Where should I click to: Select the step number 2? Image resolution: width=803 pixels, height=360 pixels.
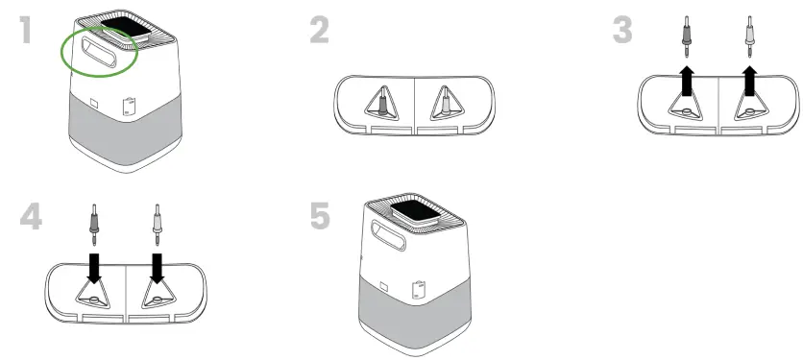(320, 31)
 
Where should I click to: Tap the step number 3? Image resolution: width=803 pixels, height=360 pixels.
(623, 31)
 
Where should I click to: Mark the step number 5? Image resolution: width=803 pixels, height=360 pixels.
(319, 217)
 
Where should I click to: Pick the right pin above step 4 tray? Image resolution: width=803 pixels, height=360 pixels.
(157, 223)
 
